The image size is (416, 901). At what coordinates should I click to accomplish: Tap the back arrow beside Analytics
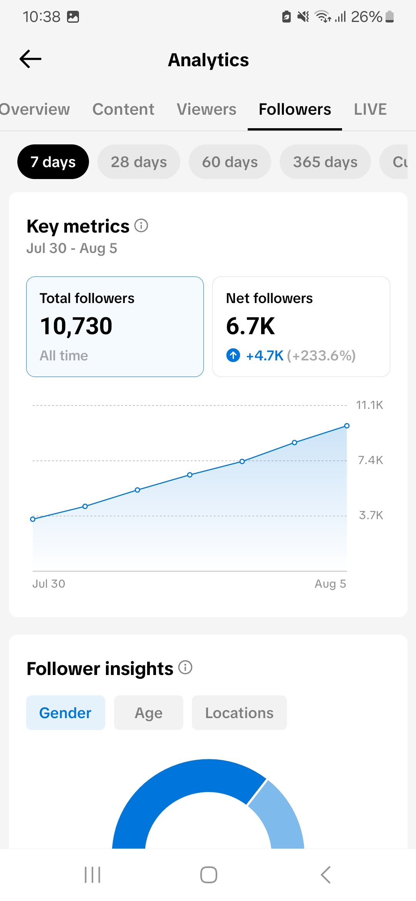(x=30, y=59)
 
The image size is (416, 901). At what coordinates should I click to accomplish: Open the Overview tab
(x=35, y=109)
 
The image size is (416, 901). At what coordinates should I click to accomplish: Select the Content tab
(x=123, y=109)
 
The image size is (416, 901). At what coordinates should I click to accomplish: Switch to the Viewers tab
(x=206, y=109)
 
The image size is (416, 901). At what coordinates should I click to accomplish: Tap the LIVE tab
(x=370, y=109)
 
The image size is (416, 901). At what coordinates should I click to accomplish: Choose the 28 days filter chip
(x=139, y=162)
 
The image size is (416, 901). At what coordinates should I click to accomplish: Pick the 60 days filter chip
(x=230, y=162)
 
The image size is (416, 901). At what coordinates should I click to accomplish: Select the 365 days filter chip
(x=325, y=162)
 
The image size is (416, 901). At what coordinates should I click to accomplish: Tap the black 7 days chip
(x=53, y=162)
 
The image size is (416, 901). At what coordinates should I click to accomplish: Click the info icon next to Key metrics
(x=141, y=226)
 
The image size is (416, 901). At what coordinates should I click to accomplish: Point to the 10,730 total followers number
(x=76, y=326)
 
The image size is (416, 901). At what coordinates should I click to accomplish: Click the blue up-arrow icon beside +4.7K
(x=233, y=355)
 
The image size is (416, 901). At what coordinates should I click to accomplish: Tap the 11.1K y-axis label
(x=369, y=405)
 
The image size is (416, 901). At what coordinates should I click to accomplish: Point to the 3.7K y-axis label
(x=371, y=515)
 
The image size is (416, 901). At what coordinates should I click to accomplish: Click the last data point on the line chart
(x=347, y=426)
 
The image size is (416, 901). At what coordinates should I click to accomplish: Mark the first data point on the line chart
(x=33, y=519)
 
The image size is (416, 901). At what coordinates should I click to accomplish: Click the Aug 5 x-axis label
(x=330, y=584)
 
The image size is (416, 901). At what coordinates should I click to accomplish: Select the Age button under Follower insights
(x=149, y=713)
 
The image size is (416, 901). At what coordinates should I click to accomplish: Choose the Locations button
(x=239, y=713)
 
